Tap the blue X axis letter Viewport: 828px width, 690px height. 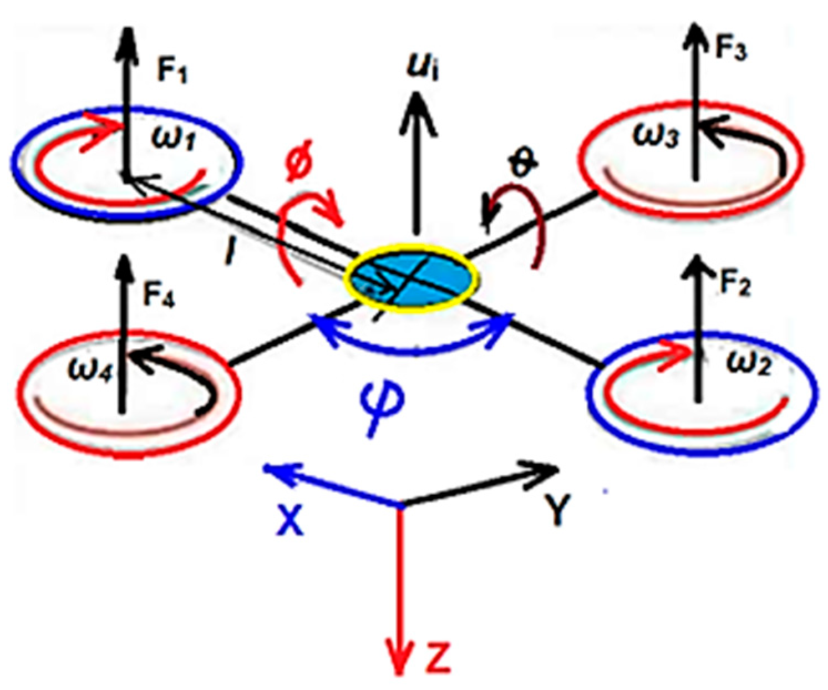pos(289,521)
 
